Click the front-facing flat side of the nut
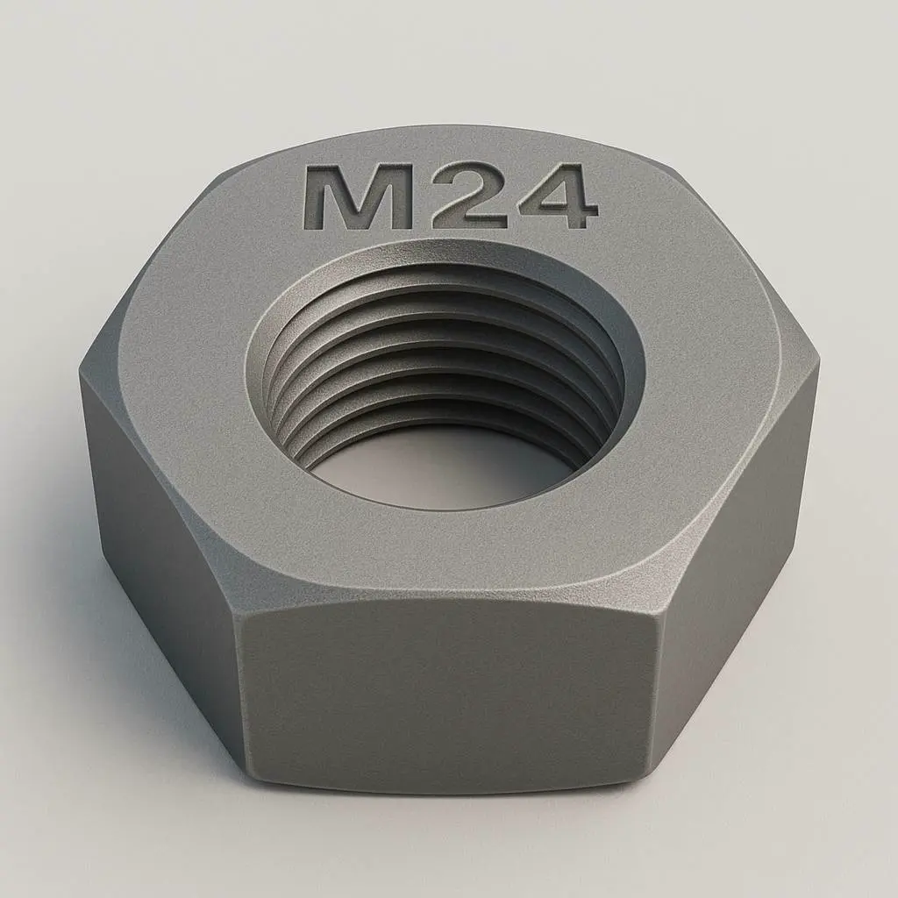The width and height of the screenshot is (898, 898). (447, 693)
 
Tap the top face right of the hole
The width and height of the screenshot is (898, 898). (719, 368)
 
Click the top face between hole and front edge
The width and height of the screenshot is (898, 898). (447, 552)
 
